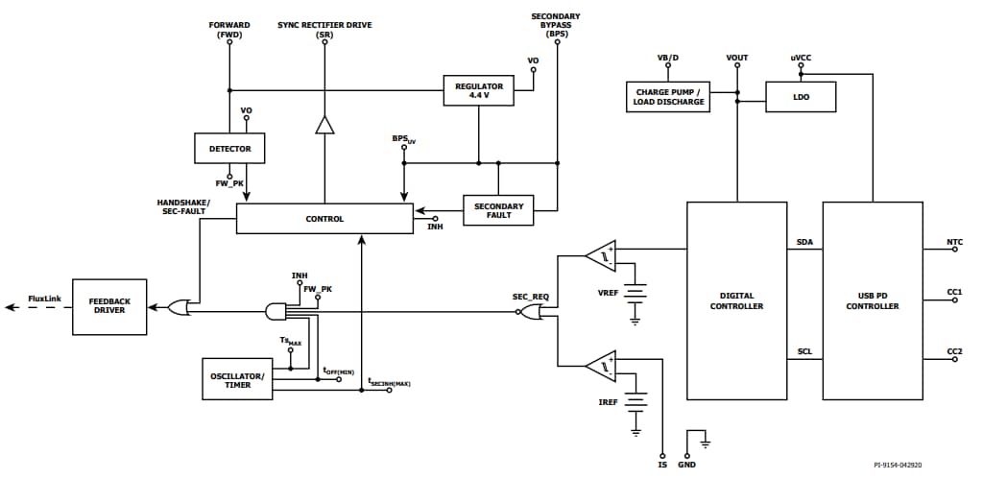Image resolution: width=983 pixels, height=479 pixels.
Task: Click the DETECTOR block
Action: click(229, 149)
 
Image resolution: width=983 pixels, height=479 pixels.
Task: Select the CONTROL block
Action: click(324, 219)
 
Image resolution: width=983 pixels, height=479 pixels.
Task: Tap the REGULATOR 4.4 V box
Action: click(478, 91)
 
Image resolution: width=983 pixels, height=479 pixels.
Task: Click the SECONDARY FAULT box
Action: click(498, 210)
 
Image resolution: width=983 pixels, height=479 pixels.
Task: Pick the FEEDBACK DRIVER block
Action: click(110, 307)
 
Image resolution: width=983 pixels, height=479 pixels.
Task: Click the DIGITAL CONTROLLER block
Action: click(736, 300)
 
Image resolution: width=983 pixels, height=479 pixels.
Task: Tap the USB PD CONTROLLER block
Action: click(872, 300)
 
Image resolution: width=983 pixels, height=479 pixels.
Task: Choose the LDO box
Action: click(801, 96)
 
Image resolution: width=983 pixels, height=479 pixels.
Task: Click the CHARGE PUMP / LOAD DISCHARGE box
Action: click(668, 96)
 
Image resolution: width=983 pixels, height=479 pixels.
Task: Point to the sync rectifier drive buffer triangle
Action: click(324, 126)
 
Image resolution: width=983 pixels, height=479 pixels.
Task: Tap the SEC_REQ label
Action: click(530, 297)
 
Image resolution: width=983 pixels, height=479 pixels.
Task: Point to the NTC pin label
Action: click(954, 242)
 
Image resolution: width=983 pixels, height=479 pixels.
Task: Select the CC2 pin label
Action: click(954, 351)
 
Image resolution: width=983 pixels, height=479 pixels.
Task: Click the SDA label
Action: click(804, 242)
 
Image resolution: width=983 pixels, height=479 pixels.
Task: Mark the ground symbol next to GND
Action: click(707, 442)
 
